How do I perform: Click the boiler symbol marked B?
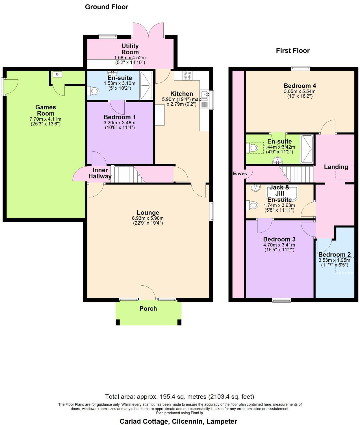[57, 74]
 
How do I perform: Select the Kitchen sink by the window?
[204, 96]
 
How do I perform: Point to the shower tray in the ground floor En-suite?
[146, 85]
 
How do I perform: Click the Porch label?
[148, 309]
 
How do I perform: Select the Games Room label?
[46, 110]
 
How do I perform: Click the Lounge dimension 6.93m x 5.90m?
[148, 218]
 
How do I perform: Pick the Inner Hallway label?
[100, 173]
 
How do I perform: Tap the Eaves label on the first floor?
[240, 174]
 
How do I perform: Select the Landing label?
[336, 167]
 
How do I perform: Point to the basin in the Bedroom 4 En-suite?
[277, 161]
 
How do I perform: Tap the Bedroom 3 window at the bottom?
[281, 300]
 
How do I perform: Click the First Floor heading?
[293, 51]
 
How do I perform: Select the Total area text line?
[180, 396]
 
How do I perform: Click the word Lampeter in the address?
[222, 421]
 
